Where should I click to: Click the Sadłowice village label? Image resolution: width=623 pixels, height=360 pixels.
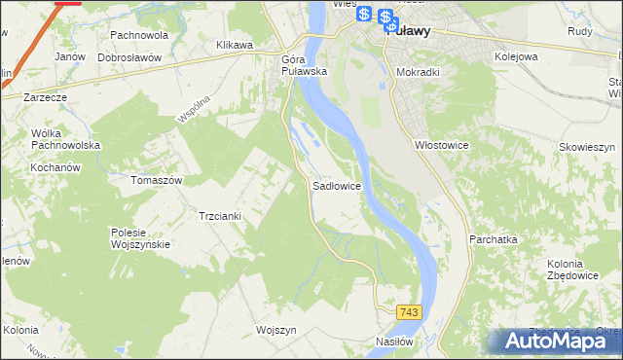pos(338,184)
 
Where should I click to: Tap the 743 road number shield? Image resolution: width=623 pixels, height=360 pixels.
pos(409,311)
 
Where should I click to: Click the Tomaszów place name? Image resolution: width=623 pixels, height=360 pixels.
pos(157,181)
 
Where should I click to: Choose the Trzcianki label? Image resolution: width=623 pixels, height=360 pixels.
pos(219,215)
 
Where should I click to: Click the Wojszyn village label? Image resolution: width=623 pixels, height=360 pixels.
pos(275,330)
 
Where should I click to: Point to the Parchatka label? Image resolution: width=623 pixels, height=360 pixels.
pos(493,238)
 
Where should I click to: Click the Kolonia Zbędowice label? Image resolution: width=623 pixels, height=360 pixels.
pos(565,271)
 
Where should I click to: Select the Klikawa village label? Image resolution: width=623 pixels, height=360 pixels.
pos(235,45)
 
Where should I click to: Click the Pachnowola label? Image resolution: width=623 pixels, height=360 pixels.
pos(139,35)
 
